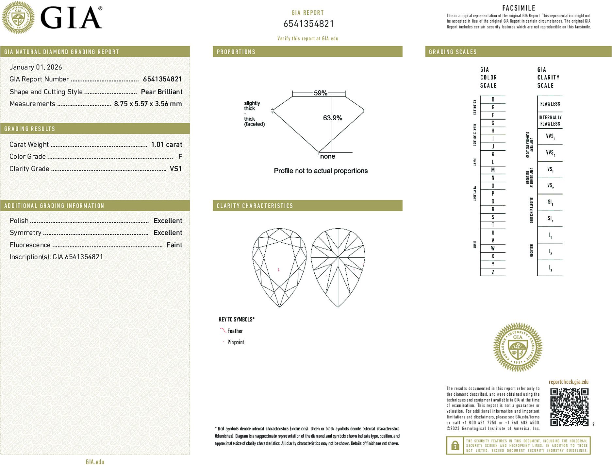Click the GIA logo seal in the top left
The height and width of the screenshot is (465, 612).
tap(18, 18)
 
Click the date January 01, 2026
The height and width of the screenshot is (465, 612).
tap(36, 67)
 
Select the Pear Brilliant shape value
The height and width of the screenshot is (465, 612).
tap(161, 92)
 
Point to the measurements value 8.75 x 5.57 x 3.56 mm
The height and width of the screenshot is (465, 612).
tap(148, 104)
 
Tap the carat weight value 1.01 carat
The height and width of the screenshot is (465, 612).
tap(166, 145)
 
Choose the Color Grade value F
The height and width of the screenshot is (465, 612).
tap(180, 157)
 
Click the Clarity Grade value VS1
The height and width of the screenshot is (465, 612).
tap(175, 169)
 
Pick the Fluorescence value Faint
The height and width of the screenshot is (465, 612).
tap(174, 245)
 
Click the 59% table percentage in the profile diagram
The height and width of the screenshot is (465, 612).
tap(320, 93)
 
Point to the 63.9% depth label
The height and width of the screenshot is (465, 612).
tap(332, 118)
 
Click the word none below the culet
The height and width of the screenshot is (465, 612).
tap(327, 157)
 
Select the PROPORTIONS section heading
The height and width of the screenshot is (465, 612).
tap(236, 52)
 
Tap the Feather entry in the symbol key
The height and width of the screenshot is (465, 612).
tap(235, 331)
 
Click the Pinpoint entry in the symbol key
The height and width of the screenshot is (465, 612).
tap(236, 342)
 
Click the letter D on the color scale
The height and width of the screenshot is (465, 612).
tap(493, 99)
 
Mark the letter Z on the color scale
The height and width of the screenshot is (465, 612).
tap(493, 272)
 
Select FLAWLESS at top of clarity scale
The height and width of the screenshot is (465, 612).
tap(550, 104)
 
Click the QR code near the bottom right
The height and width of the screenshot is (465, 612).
tap(569, 407)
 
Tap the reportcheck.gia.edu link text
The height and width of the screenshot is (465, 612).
tap(568, 382)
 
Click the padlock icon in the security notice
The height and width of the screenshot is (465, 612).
tap(455, 445)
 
